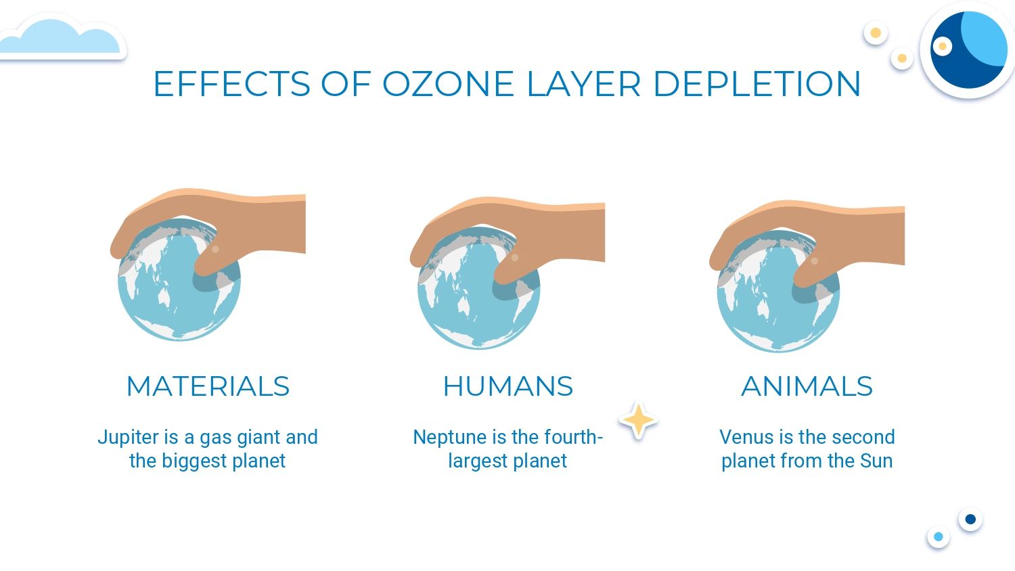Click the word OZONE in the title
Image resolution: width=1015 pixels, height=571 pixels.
click(448, 84)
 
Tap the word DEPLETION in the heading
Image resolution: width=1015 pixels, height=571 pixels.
click(757, 84)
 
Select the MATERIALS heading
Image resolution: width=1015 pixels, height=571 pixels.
click(208, 386)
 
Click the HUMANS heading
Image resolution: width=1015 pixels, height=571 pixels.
click(507, 386)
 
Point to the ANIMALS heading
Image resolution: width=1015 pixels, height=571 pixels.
click(807, 386)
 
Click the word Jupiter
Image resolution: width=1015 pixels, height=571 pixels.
click(129, 438)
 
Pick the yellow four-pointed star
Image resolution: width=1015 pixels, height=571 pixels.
click(638, 421)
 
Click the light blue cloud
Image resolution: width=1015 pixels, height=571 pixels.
click(61, 38)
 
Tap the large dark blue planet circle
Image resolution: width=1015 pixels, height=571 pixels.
click(969, 50)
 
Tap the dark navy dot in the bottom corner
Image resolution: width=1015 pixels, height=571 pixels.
click(970, 519)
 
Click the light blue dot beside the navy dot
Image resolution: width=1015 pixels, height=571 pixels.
click(939, 537)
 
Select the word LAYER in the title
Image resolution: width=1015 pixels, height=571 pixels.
click(583, 84)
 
